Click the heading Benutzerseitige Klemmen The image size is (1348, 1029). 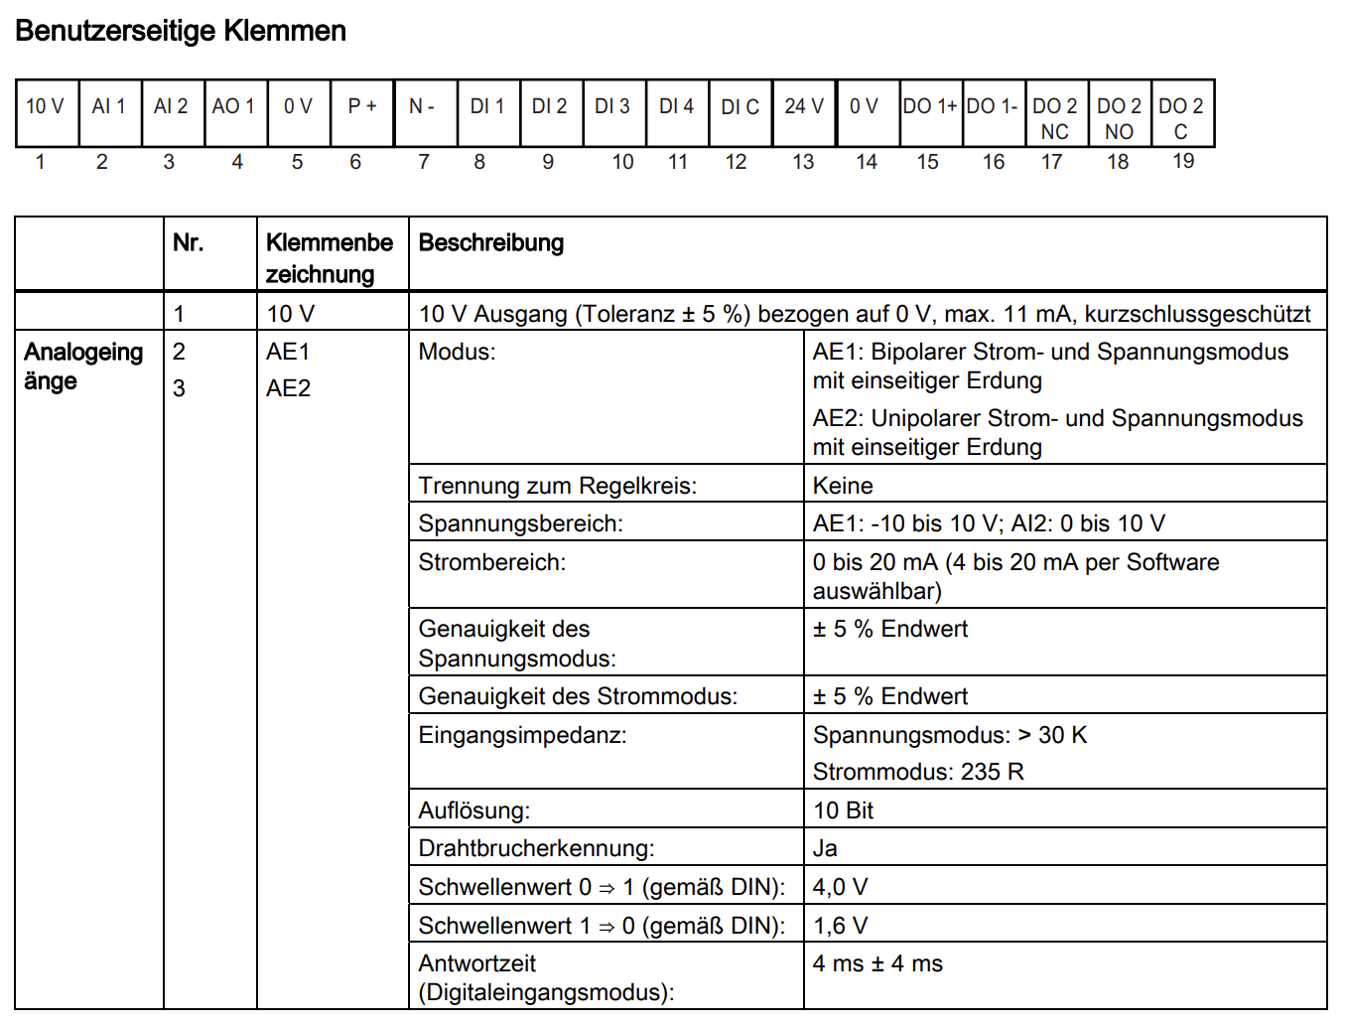point(181,31)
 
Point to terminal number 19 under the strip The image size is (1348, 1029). point(1183,161)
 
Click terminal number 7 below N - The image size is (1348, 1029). point(424,162)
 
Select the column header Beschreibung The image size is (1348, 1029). point(491,243)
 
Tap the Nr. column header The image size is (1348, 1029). point(189,243)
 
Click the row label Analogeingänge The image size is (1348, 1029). point(83,367)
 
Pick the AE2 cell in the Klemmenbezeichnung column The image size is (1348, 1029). point(288,388)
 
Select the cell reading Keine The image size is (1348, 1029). point(843,486)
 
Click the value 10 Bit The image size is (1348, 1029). point(843,810)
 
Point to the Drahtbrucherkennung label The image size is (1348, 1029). point(536,848)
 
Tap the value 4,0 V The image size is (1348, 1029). point(840,887)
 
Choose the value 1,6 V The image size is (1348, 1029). point(840,926)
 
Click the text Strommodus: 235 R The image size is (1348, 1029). point(918,772)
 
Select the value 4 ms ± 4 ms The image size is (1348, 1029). point(877,963)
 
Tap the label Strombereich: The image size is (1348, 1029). point(491,562)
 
